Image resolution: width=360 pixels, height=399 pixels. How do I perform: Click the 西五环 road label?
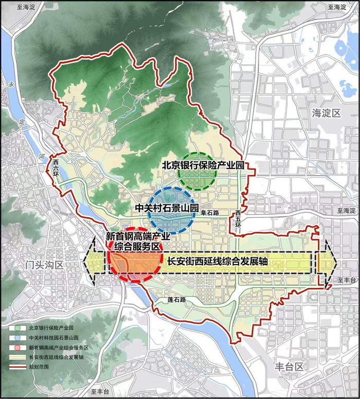point(238,217)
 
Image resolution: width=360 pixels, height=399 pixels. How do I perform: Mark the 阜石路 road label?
point(210,212)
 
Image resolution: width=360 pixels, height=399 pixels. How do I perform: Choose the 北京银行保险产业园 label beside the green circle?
point(202,165)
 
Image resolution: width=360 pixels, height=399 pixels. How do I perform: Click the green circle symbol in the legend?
point(18,327)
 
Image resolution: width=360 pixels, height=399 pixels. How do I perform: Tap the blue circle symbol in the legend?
point(18,337)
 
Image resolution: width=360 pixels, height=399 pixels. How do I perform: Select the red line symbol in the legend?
point(18,367)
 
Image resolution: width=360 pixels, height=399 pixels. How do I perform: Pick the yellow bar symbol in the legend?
point(18,357)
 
